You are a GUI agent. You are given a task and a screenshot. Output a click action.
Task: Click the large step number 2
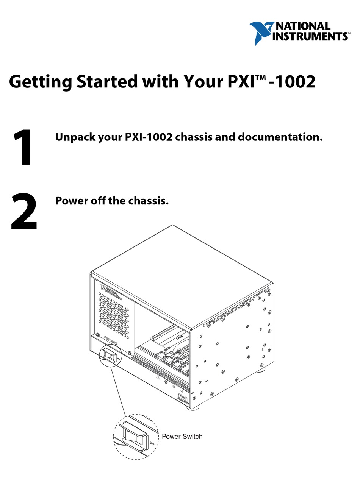tap(24, 212)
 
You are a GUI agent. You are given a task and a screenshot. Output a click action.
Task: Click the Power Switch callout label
tap(182, 436)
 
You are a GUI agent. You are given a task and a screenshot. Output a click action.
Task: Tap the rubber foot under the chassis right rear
tap(261, 369)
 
